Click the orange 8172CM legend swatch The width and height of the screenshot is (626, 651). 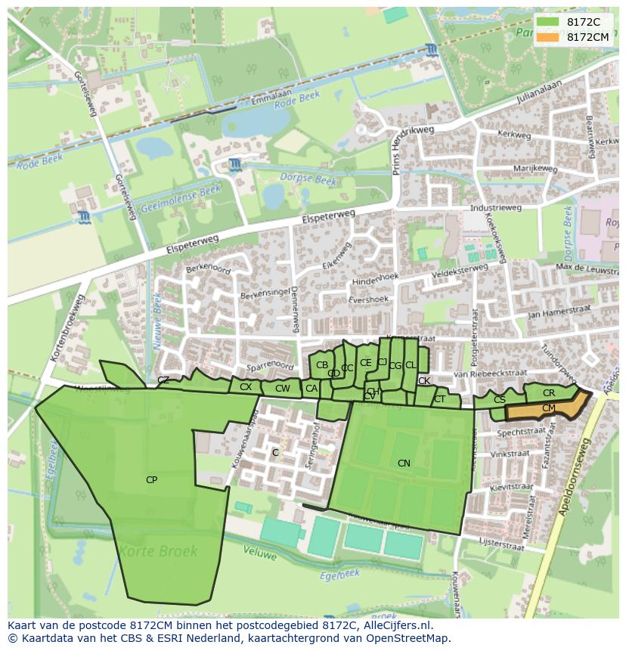pos(550,37)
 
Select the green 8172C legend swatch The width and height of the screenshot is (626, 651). pos(550,23)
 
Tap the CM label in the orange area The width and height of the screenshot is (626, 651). pos(549,408)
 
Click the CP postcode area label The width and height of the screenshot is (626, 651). pos(151,479)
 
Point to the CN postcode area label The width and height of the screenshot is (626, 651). pos(404,463)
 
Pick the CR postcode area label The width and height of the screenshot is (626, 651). pos(549,393)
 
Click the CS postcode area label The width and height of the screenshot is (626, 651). pos(500,399)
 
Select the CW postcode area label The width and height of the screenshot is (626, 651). pos(282,389)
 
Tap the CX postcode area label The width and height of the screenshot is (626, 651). pos(246,387)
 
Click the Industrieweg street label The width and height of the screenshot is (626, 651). pos(496,207)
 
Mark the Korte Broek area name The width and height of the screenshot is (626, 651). pos(161,551)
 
